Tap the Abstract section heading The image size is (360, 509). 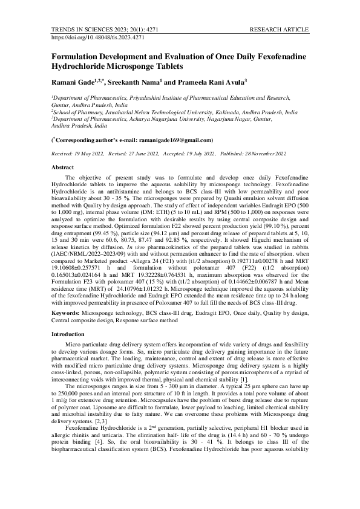(x=62, y=166)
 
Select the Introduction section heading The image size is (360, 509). (x=68, y=334)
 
